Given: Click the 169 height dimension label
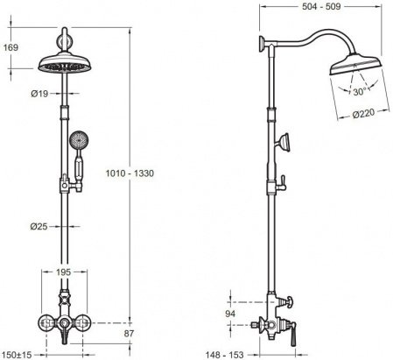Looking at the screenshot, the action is pyautogui.click(x=11, y=47).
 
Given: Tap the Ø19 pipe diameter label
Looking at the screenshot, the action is pyautogui.click(x=39, y=94).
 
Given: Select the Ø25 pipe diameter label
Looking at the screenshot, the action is pyautogui.click(x=39, y=226).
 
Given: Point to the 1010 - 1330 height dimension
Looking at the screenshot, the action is pyautogui.click(x=130, y=173).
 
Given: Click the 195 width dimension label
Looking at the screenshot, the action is pyautogui.click(x=63, y=272).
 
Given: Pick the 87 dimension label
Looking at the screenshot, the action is pyautogui.click(x=129, y=334).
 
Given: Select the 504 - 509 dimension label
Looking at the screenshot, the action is pyautogui.click(x=321, y=6).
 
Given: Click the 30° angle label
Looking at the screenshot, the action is pyautogui.click(x=359, y=92).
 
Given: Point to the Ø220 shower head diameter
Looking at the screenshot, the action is pyautogui.click(x=363, y=113).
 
